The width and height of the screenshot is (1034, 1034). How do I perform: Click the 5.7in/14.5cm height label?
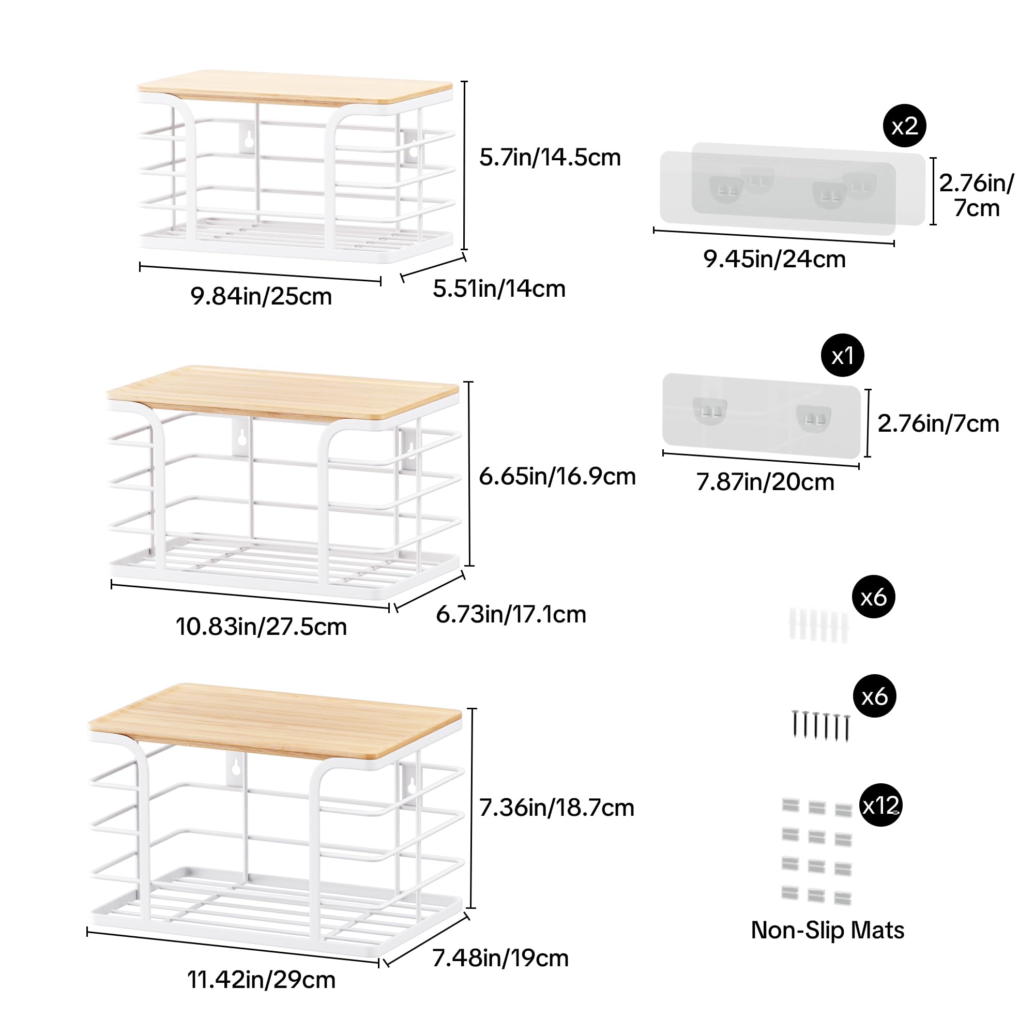(x=550, y=158)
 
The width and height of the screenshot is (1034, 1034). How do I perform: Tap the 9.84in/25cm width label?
(x=261, y=296)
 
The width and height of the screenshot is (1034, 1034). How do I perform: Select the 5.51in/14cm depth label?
(x=499, y=289)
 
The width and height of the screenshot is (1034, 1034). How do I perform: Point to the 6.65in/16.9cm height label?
(x=557, y=476)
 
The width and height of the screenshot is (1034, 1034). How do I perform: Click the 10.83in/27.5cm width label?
(x=261, y=627)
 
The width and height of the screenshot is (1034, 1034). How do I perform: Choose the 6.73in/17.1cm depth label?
(x=511, y=614)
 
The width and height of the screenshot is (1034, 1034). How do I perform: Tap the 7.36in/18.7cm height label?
(x=556, y=808)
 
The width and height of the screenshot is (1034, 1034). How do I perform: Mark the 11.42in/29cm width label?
(x=261, y=980)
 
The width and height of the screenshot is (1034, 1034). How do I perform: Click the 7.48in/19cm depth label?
(x=500, y=958)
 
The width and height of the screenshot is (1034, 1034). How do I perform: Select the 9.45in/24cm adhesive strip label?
(x=774, y=260)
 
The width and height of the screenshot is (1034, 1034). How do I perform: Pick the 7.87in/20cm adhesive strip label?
(x=765, y=482)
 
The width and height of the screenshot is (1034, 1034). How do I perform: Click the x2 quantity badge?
(x=904, y=126)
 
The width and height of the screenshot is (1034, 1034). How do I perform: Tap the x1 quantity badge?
(x=842, y=356)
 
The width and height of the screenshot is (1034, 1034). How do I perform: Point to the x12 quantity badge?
(x=880, y=805)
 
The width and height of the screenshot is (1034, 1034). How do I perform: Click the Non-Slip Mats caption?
(x=827, y=930)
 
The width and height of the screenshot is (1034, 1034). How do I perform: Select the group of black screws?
(x=820, y=726)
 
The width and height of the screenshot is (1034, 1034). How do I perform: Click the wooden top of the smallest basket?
(x=294, y=87)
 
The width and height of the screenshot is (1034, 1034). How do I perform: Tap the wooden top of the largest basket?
(x=275, y=720)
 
